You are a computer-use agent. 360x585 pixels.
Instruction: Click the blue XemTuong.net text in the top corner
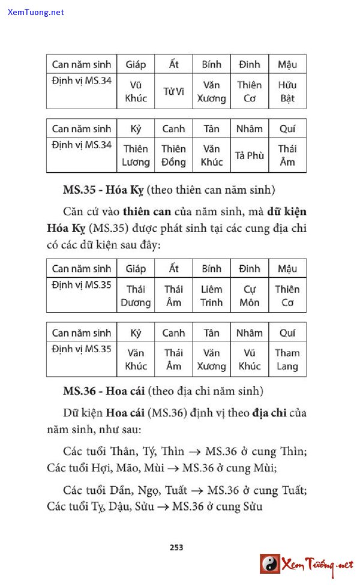coord(36,12)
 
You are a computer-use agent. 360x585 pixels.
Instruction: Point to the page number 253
coord(176,547)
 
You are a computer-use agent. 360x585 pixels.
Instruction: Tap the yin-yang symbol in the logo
coord(270,563)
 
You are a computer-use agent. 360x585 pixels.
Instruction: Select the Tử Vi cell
coord(173,91)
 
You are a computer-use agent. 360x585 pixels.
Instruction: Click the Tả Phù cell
coord(249,155)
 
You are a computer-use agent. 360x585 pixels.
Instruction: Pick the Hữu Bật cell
coord(287,91)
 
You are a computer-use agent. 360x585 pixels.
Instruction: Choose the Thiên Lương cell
coord(136,155)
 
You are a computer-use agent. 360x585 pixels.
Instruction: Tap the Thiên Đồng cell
coord(173,155)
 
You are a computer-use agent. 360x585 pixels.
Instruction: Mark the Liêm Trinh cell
coord(211,296)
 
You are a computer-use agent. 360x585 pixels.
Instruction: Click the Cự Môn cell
coord(249,296)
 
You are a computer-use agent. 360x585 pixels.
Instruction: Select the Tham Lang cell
coord(287,359)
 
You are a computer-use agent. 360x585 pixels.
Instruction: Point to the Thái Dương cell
coord(136,296)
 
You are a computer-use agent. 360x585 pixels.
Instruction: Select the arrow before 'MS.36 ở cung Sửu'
coord(163,506)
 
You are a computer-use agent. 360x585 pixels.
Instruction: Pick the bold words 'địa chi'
coord(273,413)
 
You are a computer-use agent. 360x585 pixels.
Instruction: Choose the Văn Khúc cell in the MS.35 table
coord(136,359)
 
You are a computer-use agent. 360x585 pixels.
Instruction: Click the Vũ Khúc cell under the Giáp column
coord(136,91)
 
